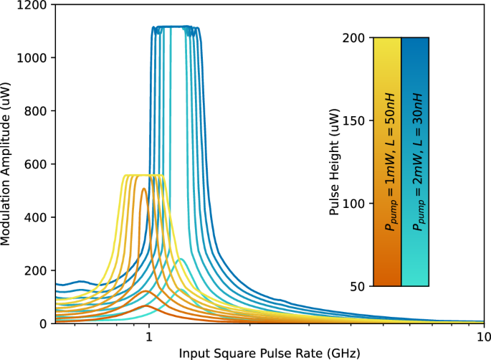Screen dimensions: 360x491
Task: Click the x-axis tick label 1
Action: tap(149, 336)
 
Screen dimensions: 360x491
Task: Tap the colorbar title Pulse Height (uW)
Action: tap(334, 162)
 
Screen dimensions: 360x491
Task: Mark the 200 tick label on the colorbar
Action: tap(358, 37)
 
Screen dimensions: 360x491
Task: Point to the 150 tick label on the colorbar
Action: tap(358, 120)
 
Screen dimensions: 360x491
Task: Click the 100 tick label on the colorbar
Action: tap(358, 204)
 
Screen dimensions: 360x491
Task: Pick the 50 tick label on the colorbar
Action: tap(361, 286)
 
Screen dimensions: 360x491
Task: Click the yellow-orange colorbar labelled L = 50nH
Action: tap(387, 162)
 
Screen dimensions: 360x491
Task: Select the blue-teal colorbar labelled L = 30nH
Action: tap(416, 162)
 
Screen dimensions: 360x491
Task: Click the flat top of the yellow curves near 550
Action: tap(143, 175)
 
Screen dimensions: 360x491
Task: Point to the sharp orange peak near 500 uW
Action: tap(143, 189)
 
